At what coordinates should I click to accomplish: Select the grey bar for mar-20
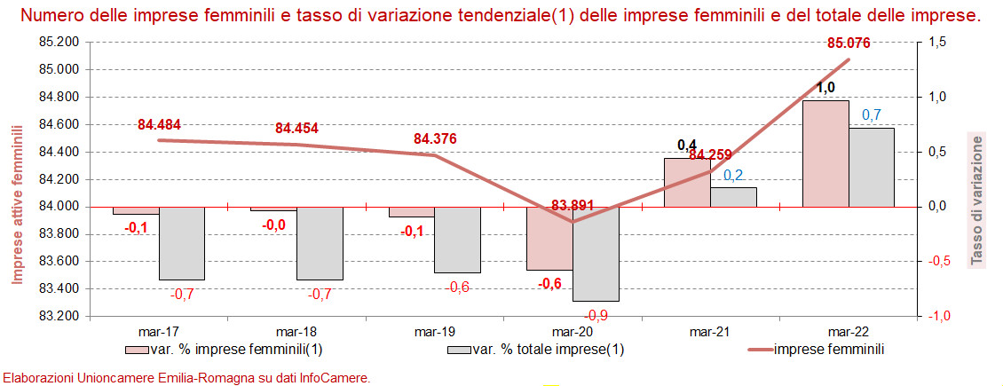coord(596,254)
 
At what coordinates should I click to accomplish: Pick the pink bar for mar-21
coord(688,183)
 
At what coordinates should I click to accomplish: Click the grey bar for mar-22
coord(871,167)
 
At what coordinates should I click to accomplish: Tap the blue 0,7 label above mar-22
coord(872,114)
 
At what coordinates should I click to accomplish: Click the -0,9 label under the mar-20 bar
coord(596,314)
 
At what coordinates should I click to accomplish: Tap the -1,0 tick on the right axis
coord(936,316)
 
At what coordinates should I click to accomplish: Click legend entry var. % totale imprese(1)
coord(558,349)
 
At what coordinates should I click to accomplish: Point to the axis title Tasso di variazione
coord(977,200)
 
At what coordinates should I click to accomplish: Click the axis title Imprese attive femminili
coord(17,204)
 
